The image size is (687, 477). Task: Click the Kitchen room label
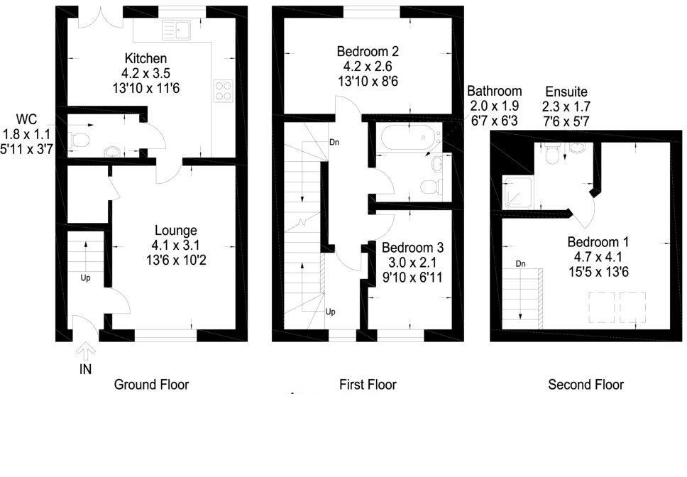tap(146, 58)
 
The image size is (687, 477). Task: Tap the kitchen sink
tap(177, 31)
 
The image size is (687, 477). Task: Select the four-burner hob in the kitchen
tap(224, 91)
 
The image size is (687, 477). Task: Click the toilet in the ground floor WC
tap(79, 140)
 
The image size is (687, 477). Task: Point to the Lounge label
tap(176, 231)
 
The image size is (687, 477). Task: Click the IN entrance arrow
tap(86, 350)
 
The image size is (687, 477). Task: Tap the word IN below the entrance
tap(85, 370)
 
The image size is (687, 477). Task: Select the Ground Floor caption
tap(151, 385)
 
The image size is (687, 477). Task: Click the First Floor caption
tap(368, 385)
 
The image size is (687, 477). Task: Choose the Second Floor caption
tap(586, 385)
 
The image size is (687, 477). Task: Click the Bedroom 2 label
tap(368, 51)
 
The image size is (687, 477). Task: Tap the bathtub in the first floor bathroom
tap(408, 138)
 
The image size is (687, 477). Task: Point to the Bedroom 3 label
tap(413, 248)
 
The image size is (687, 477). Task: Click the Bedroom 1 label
tap(598, 242)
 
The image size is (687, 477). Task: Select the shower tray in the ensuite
tap(517, 192)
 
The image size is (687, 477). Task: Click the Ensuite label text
tap(566, 92)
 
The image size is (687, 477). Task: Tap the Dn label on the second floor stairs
tap(520, 263)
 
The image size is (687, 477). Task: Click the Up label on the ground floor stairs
tap(85, 278)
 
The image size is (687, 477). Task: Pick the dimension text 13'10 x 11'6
tap(146, 88)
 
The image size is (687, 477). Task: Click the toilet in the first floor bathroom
tap(430, 187)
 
